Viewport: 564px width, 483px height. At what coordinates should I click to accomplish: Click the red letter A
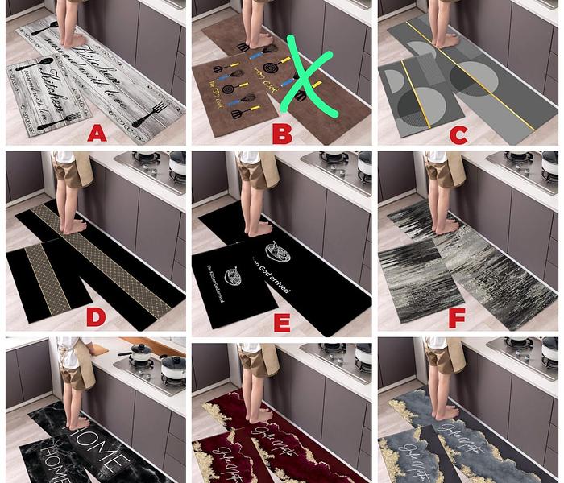[x=97, y=133]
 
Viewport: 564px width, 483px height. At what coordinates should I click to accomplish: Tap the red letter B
[x=281, y=133]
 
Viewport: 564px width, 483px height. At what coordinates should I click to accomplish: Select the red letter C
[x=458, y=134]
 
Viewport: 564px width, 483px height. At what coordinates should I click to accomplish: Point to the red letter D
[x=96, y=317]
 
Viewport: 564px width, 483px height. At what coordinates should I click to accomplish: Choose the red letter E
[x=281, y=323]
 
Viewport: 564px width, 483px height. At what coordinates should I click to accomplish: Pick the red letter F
[x=457, y=318]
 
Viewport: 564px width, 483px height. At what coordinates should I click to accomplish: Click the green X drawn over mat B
[x=307, y=76]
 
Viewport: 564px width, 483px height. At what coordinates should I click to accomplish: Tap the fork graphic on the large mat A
[x=150, y=114]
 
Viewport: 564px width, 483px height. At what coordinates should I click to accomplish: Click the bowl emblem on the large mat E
[x=278, y=255]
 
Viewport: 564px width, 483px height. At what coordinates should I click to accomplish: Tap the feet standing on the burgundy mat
[x=260, y=415]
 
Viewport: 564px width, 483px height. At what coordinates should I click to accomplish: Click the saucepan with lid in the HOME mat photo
[x=142, y=352]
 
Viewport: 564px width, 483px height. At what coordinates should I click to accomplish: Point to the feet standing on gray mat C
[x=446, y=39]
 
